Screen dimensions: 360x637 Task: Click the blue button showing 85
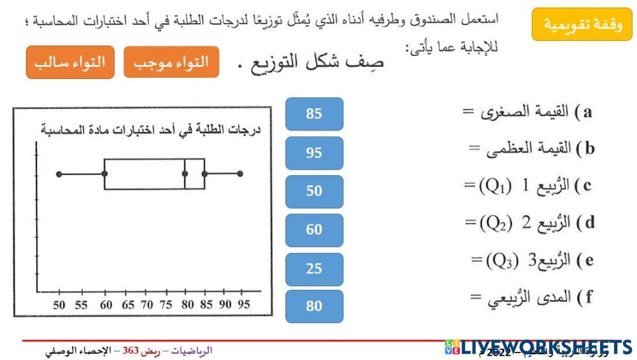pyautogui.click(x=314, y=114)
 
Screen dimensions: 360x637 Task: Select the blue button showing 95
pyautogui.click(x=314, y=153)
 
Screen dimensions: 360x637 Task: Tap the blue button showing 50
pyautogui.click(x=314, y=191)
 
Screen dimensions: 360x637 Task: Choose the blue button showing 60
pyautogui.click(x=314, y=230)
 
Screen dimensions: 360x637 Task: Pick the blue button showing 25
pyautogui.click(x=314, y=269)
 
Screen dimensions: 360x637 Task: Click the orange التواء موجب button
pyautogui.click(x=171, y=62)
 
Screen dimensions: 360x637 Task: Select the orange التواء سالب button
pyautogui.click(x=70, y=62)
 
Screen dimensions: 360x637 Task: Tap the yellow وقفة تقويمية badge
pyautogui.click(x=582, y=25)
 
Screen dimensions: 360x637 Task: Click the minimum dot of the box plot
pyautogui.click(x=59, y=173)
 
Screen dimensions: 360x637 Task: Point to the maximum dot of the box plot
pyautogui.click(x=240, y=173)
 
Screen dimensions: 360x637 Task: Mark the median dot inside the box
pyautogui.click(x=185, y=173)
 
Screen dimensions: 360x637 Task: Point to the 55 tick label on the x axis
pyautogui.click(x=81, y=305)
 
